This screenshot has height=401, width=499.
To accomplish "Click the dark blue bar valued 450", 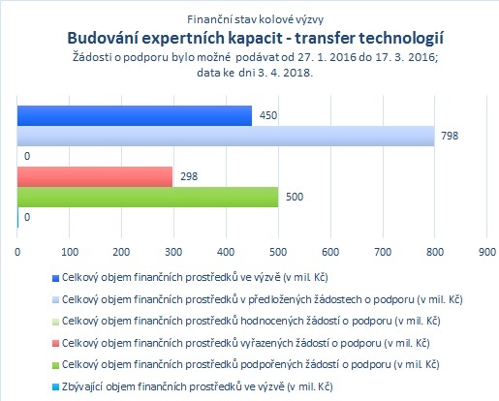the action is point(135,115).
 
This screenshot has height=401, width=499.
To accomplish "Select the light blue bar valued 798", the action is point(226,136).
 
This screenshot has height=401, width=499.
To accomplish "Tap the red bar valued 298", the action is point(95,176).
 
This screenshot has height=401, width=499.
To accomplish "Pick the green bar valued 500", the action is point(147,197).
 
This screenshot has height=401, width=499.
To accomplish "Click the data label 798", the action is point(450,136).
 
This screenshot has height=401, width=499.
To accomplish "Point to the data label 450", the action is point(268,115).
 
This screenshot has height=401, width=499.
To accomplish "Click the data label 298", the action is point(189,176).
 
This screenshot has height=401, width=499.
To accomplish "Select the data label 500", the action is point(295,197).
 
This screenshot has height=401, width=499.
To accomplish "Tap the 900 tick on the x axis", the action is point(487,252).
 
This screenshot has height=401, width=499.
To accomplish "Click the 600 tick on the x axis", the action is point(330,252).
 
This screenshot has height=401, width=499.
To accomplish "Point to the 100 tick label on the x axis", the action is point(70,252).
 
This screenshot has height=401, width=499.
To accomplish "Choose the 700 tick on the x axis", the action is point(383,252).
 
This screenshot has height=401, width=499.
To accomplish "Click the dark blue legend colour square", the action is point(55,278).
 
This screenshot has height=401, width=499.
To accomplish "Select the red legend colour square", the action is point(55,344).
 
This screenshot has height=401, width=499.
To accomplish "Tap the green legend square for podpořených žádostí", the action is point(55,365).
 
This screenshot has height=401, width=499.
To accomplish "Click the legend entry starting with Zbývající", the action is point(197,386).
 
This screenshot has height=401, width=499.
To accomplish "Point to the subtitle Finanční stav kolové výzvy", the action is point(255,19).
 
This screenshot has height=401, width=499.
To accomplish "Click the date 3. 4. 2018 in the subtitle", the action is point(285,73).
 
